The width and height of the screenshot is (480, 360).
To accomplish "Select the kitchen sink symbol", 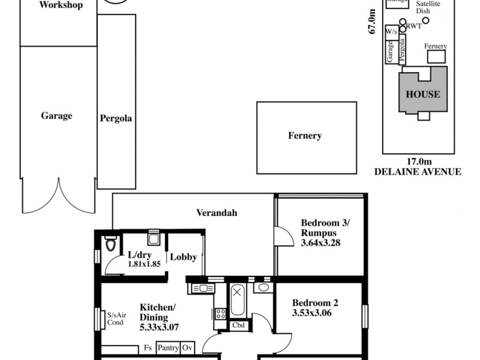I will click(203, 289).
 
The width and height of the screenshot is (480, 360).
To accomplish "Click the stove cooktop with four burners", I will click(220, 313).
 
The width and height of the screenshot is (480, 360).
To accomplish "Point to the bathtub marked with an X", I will click(238, 301).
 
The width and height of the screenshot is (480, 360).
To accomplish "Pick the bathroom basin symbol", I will click(263, 288).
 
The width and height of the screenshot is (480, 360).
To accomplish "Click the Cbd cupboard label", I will click(238, 326).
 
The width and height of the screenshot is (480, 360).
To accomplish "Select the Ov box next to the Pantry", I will click(188, 347).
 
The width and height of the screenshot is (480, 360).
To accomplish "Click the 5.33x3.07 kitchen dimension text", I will click(159, 328).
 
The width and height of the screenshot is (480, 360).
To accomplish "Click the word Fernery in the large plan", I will click(304, 136).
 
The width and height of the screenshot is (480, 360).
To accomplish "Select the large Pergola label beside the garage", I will click(116, 118).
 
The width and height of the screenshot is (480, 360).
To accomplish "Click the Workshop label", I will click(60, 6).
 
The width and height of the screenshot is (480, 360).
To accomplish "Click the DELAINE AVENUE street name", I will click(418, 172).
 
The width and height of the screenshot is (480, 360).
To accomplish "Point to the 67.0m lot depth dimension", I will click(373, 23).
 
